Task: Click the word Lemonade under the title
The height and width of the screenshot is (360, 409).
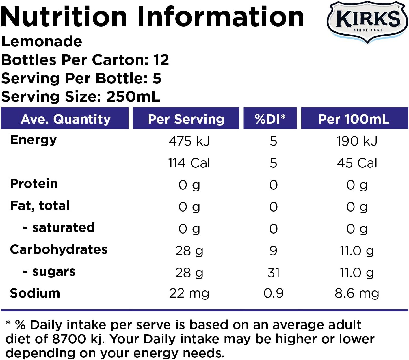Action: pyautogui.click(x=42, y=42)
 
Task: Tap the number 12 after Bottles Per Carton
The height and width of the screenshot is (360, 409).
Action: pyautogui.click(x=161, y=60)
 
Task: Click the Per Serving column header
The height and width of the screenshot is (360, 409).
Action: pyautogui.click(x=186, y=119)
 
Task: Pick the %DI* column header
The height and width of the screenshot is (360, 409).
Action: pyautogui.click(x=270, y=119)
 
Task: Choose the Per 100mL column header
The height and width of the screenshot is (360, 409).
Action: pyautogui.click(x=354, y=119)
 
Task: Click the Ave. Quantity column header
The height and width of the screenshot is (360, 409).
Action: pyautogui.click(x=66, y=119)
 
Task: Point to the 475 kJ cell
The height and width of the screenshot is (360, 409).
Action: pyautogui.click(x=189, y=141)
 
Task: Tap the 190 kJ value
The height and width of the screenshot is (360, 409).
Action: pyautogui.click(x=357, y=141)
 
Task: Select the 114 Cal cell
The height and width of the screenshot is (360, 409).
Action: pyautogui.click(x=189, y=163)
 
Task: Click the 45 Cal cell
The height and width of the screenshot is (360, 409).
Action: pyautogui.click(x=357, y=163)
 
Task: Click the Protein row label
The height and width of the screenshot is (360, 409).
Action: pyautogui.click(x=34, y=184)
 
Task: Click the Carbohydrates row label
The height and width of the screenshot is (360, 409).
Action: pyautogui.click(x=59, y=250)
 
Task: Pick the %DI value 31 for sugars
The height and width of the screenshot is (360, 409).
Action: pyautogui.click(x=273, y=273)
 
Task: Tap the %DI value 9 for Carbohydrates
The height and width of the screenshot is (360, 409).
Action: pyautogui.click(x=273, y=251)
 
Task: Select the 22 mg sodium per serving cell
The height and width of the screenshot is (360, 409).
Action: pyautogui.click(x=189, y=294)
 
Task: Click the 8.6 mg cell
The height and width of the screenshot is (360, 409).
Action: pyautogui.click(x=357, y=294)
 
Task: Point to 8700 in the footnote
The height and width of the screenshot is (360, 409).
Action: pyautogui.click(x=69, y=339)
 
